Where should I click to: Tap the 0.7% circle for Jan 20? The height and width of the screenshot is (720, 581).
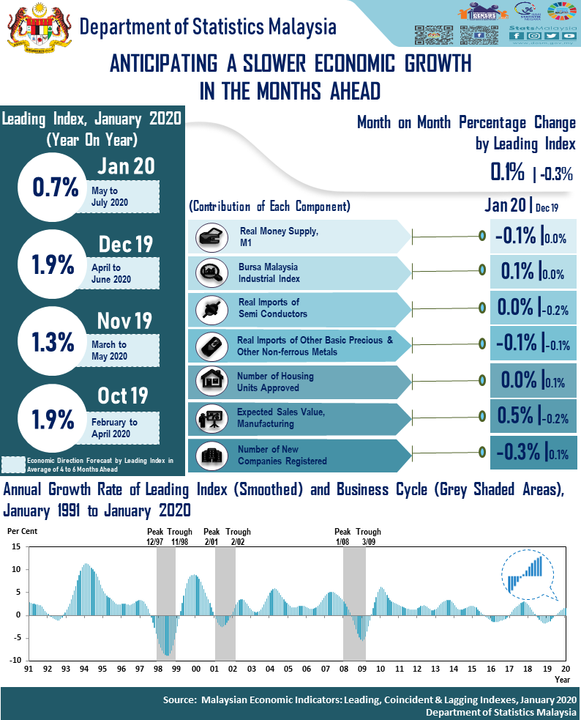pos(56,188)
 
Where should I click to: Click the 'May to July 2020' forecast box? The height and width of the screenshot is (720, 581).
pos(124,196)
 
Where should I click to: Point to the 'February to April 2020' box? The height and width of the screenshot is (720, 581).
pos(124,428)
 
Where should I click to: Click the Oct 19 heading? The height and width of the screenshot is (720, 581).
pos(123,396)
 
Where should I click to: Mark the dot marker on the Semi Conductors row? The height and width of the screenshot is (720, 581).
pos(482,307)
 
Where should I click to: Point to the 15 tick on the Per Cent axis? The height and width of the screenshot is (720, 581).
pos(17,547)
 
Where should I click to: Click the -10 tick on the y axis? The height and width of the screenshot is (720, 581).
pos(15,660)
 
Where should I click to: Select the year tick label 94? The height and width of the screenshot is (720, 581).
pos(84,669)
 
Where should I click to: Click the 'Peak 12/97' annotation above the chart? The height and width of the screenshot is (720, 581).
pos(156,537)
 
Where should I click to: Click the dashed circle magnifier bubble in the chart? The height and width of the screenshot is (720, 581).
pos(526,573)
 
